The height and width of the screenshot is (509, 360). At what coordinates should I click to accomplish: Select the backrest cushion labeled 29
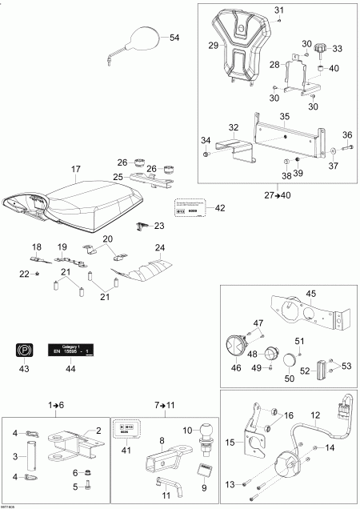(x=238, y=47)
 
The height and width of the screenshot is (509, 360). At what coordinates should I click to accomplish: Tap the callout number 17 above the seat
(x=77, y=169)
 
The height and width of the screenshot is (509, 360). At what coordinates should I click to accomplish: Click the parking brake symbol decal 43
(x=23, y=350)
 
